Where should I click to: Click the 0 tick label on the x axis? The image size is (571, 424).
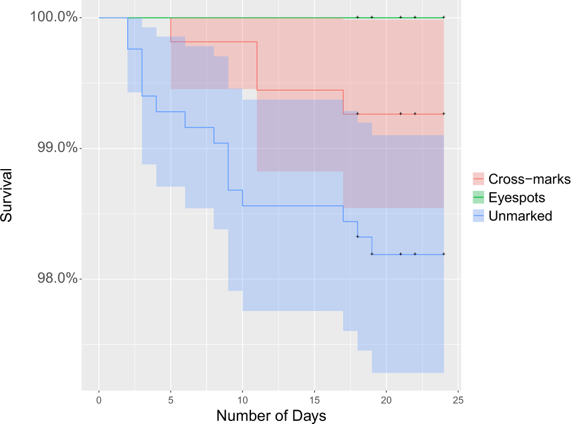pos(99,400)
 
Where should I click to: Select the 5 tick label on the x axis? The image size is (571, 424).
pos(171,400)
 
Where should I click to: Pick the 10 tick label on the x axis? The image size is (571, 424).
pos(242,400)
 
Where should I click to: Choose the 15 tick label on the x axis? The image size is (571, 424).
pos(314,400)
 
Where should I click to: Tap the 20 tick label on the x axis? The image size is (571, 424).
pos(386,400)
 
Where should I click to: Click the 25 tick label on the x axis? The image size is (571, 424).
pos(458,400)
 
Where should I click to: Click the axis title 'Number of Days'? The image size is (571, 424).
pos(271,416)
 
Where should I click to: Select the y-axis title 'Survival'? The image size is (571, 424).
pos(8,199)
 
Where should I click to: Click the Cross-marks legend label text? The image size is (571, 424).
pos(529,179)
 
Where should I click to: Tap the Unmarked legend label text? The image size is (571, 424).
pos(520,216)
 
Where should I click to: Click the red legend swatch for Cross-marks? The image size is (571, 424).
pos(479,179)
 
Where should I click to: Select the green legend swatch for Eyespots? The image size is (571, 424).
pos(479,198)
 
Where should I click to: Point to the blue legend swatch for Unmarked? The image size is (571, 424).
pos(479,216)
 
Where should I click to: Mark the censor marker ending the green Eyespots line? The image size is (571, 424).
pos(444,18)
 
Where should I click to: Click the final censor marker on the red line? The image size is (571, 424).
pos(444,114)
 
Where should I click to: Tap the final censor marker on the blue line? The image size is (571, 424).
pos(444,254)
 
